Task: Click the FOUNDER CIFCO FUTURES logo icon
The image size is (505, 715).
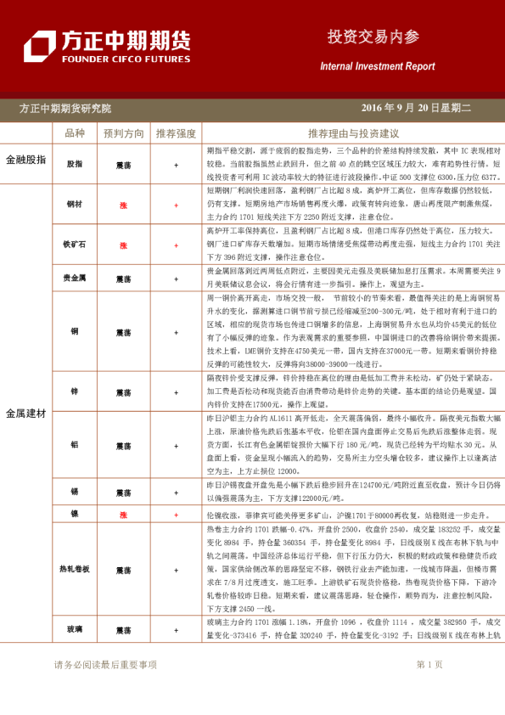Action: point(39,46)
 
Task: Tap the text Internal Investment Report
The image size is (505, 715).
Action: point(377,66)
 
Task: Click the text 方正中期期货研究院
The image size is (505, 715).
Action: point(65,109)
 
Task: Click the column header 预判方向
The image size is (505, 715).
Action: point(124,133)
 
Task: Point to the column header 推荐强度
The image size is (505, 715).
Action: point(176,133)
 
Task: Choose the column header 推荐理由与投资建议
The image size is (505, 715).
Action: point(353,133)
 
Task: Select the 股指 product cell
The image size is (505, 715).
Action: point(75,163)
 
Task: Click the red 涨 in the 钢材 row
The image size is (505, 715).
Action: point(123,205)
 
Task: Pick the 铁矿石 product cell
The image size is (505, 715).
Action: point(75,245)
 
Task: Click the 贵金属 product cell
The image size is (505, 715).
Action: point(75,278)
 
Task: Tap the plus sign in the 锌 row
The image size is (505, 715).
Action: point(176,391)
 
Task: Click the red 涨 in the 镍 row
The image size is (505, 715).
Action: point(123,515)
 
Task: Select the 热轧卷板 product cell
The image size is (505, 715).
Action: point(75,569)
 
